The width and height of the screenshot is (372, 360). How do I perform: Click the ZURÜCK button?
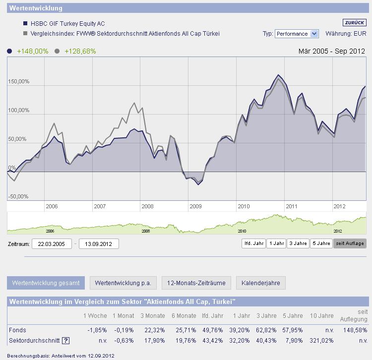(x=354, y=23)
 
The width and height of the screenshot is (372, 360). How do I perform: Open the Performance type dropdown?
(x=297, y=34)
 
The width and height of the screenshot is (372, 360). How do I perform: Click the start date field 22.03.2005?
(x=52, y=243)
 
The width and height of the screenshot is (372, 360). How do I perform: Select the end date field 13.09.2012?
(x=99, y=243)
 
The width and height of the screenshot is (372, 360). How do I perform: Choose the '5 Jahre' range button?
(x=321, y=243)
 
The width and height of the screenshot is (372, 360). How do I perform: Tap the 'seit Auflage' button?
(x=350, y=243)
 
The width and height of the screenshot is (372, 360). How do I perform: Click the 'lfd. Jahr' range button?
(x=253, y=243)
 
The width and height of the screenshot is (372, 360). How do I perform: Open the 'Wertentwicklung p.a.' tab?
(x=123, y=283)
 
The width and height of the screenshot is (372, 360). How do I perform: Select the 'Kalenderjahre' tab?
(x=260, y=283)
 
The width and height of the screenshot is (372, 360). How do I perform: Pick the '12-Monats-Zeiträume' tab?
(x=196, y=283)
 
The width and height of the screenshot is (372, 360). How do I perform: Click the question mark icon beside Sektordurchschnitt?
(x=65, y=341)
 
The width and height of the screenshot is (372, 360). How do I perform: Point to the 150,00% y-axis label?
(x=19, y=81)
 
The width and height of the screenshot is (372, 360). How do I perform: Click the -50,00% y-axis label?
(x=18, y=196)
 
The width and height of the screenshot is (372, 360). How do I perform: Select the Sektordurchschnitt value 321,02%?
(x=322, y=341)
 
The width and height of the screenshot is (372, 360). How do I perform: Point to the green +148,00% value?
(x=32, y=51)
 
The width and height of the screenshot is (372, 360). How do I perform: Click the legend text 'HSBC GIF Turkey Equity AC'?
(x=68, y=23)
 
